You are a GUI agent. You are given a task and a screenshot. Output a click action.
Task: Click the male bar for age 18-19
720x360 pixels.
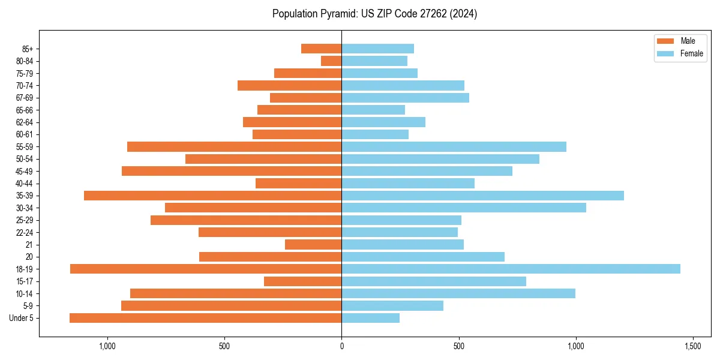point(206,269)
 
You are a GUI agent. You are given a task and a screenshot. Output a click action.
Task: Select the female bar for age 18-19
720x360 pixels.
point(511,269)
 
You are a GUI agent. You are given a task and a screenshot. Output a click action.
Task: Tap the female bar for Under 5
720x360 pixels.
point(370,318)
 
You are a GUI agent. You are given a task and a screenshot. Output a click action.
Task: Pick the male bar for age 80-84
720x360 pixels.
point(331,61)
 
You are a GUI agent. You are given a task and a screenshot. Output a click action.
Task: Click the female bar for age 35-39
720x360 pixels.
point(482,196)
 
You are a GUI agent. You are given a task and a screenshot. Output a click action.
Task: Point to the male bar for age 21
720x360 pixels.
point(313,244)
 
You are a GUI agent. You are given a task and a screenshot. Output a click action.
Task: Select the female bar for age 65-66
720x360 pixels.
point(373,110)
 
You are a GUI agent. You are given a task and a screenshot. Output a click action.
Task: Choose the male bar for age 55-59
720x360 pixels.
point(234,146)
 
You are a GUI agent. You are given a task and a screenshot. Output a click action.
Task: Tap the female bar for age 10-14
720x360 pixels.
point(458,293)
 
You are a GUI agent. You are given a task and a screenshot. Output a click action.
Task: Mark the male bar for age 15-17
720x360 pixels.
point(302,281)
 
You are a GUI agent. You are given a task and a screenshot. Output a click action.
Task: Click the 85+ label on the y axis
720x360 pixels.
point(26,49)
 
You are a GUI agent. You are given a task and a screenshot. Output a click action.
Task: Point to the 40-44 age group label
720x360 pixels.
point(25,183)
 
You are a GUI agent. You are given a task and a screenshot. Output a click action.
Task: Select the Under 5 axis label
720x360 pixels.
point(22,318)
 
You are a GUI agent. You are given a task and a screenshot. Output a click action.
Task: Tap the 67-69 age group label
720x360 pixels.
point(25,98)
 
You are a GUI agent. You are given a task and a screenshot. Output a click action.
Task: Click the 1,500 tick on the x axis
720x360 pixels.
point(693,346)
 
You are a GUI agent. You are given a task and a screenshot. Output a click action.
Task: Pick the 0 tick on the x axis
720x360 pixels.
point(341,346)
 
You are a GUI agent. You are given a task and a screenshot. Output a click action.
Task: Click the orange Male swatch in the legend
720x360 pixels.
point(665,41)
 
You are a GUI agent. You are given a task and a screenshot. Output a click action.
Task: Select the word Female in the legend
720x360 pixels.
point(692,53)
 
